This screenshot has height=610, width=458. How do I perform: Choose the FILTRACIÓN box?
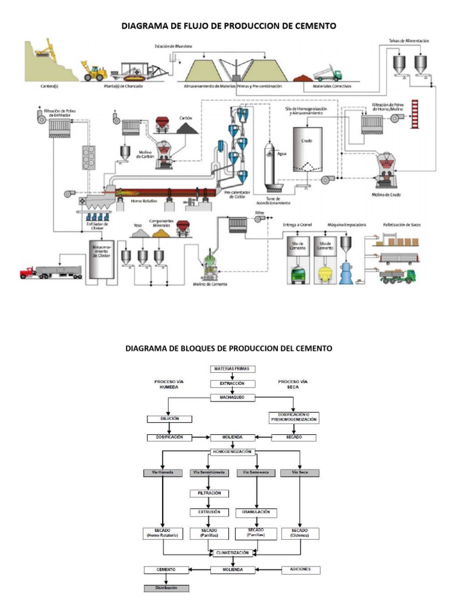pos(209,493)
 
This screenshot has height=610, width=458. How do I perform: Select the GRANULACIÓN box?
pos(257,512)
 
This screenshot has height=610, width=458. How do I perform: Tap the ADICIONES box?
pos(301,569)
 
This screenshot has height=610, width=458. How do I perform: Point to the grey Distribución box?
pos(166,587)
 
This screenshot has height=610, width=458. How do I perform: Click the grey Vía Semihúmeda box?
pos(209,472)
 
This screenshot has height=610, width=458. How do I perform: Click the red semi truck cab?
pos(27,273)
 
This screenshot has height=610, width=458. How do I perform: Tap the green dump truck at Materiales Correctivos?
pos(330,74)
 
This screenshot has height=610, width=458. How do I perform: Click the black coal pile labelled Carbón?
pos(185,128)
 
